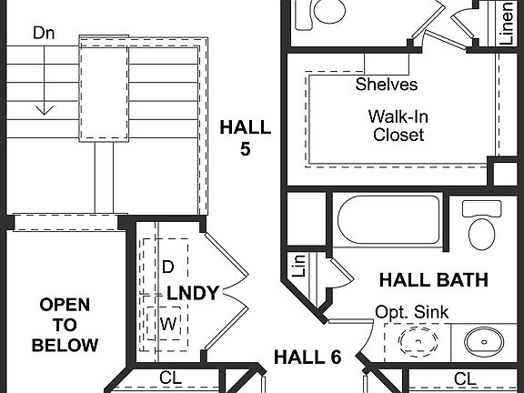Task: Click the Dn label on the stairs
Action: (44, 33)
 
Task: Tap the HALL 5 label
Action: (245, 138)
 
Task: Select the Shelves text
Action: (387, 85)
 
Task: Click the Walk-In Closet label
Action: (398, 126)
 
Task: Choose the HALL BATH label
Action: (433, 279)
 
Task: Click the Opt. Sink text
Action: (411, 312)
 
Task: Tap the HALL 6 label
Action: (307, 357)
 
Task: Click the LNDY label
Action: (193, 293)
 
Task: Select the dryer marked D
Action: (167, 267)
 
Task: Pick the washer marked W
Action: (167, 323)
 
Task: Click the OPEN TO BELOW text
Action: (64, 325)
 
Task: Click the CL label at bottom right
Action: (464, 378)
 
